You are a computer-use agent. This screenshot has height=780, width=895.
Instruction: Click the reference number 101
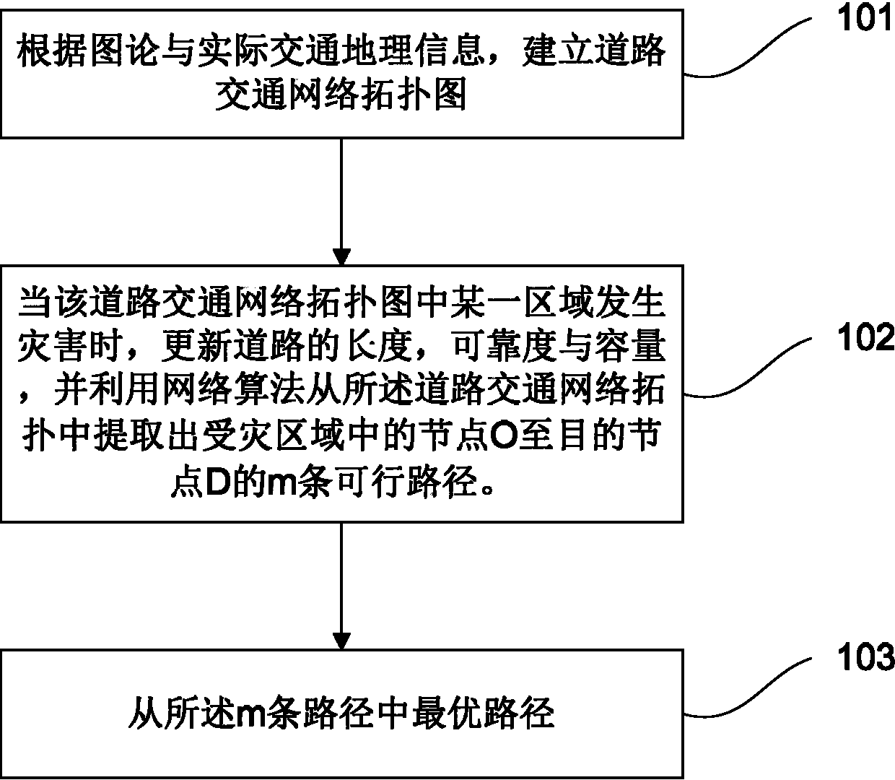(863, 19)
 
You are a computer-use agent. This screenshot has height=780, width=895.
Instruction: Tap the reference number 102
(863, 337)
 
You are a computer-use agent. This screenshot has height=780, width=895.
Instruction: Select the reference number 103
(863, 659)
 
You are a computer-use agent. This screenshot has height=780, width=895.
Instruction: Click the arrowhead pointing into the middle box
(341, 256)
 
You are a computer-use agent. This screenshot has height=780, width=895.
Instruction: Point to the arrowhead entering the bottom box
(341, 640)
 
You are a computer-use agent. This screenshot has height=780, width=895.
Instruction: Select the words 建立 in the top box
(555, 53)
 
